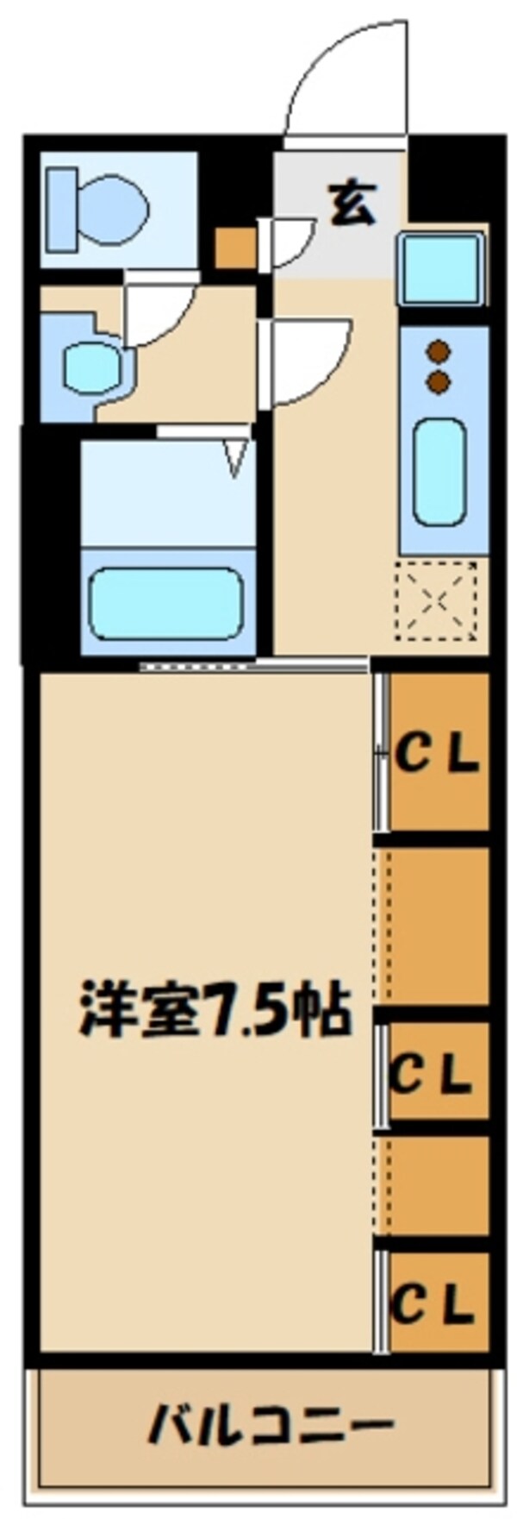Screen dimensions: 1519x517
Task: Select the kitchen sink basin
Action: click(x=439, y=268)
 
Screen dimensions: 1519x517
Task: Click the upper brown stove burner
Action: click(x=439, y=350)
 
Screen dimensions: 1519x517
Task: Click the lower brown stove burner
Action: click(x=439, y=380)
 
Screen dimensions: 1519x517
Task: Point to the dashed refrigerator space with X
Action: click(x=437, y=599)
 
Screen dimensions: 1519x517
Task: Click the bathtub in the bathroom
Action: click(x=165, y=603)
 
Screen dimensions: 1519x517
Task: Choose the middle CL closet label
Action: click(x=431, y=1074)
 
